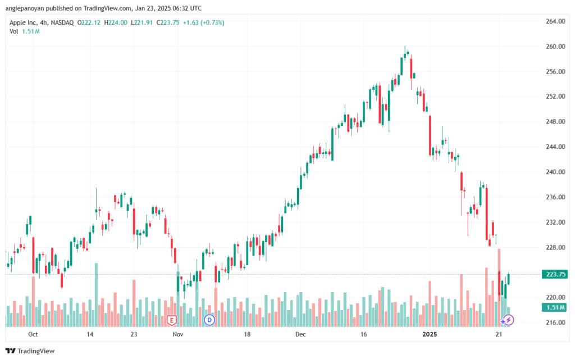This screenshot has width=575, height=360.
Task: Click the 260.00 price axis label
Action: click(555, 47)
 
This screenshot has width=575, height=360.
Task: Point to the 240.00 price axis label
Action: click(555, 172)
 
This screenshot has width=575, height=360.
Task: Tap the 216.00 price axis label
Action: click(555, 322)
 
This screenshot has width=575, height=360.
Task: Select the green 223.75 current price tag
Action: click(555, 274)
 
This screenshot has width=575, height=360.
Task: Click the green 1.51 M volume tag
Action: click(555, 307)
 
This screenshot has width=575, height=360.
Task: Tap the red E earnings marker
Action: click(171, 321)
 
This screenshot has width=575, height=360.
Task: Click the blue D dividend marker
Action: click(209, 320)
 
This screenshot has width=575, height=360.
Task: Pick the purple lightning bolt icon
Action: click(508, 320)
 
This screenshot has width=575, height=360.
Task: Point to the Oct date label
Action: click(33, 334)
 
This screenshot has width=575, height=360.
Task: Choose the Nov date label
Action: click(178, 334)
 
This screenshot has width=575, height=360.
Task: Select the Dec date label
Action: click(300, 334)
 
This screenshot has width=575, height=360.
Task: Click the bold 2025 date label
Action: click(430, 334)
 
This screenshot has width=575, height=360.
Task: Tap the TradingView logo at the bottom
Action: click(30, 351)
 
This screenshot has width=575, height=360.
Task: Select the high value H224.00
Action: click(116, 22)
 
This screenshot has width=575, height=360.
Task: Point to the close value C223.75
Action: click(168, 22)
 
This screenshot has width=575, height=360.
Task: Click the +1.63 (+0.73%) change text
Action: click(203, 22)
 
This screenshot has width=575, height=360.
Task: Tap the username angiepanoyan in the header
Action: click(25, 8)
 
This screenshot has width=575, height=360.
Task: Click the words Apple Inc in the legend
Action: click(23, 22)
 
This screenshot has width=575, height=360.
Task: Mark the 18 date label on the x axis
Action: click(247, 334)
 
